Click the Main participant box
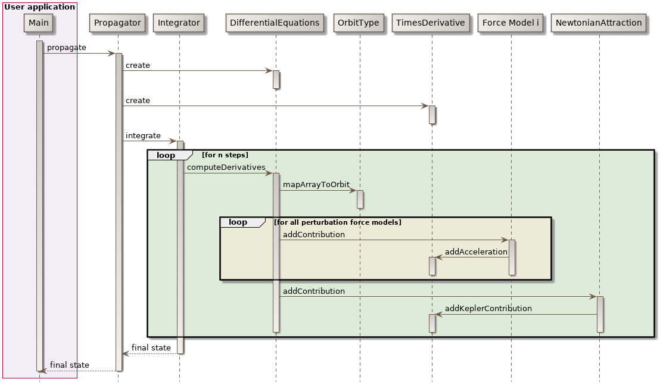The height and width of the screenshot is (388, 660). pyautogui.click(x=39, y=23)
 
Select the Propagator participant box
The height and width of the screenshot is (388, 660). pyautogui.click(x=117, y=23)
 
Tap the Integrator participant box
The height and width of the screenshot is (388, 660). pyautogui.click(x=179, y=23)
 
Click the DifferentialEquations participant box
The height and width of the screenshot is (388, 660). pyautogui.click(x=275, y=23)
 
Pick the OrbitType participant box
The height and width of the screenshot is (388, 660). pyautogui.click(x=359, y=23)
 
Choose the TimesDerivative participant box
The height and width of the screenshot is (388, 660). pyautogui.click(x=431, y=23)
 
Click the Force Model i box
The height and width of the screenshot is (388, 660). pyautogui.click(x=510, y=23)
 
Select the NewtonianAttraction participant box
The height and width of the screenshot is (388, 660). pyautogui.click(x=599, y=23)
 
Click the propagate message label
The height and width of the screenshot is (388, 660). pyautogui.click(x=66, y=48)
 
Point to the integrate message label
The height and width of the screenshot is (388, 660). pyautogui.click(x=143, y=136)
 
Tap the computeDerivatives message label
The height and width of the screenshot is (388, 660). pyautogui.click(x=226, y=167)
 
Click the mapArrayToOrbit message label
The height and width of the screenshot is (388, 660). pyautogui.click(x=316, y=185)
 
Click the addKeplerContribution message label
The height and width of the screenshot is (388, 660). pyautogui.click(x=488, y=309)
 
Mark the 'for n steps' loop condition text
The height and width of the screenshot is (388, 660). pyautogui.click(x=225, y=156)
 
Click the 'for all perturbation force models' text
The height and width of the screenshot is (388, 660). pyautogui.click(x=337, y=222)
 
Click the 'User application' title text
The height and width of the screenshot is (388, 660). pyautogui.click(x=39, y=7)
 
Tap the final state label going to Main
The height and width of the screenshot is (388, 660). pyautogui.click(x=69, y=365)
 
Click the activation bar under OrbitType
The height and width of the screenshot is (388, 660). pyautogui.click(x=360, y=199)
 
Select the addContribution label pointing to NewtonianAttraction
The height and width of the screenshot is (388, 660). pyautogui.click(x=313, y=291)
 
